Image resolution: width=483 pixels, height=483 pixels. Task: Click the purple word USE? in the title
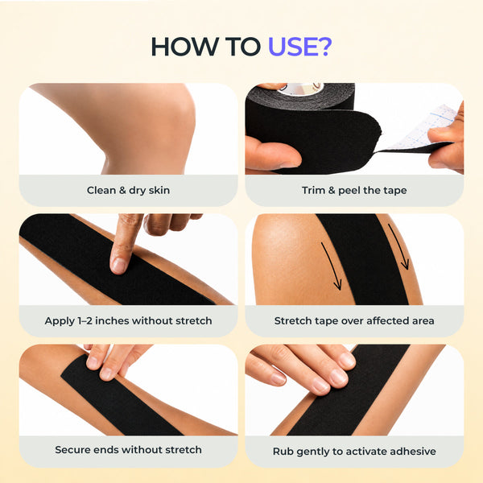click(299, 47)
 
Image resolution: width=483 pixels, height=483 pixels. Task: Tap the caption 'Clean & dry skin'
click(128, 190)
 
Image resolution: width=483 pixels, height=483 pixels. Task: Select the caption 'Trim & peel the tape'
click(354, 190)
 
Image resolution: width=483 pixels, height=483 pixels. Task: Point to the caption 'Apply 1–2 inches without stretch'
click(128, 321)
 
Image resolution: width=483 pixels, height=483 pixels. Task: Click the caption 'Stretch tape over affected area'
click(354, 321)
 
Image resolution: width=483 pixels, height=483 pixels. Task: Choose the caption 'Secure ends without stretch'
click(128, 450)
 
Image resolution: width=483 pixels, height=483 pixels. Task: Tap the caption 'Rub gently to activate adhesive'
click(354, 452)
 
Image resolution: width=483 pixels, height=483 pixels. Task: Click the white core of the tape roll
click(300, 89)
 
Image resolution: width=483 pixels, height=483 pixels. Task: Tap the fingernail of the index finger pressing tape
click(118, 266)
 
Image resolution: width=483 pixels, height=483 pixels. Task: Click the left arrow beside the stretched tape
click(332, 266)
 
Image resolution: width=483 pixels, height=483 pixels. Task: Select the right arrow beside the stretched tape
click(399, 246)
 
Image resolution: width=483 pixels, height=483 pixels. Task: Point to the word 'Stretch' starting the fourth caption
click(293, 321)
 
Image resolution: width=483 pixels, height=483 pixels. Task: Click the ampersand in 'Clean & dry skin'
click(122, 190)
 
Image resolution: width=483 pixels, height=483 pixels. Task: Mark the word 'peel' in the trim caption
click(349, 191)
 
